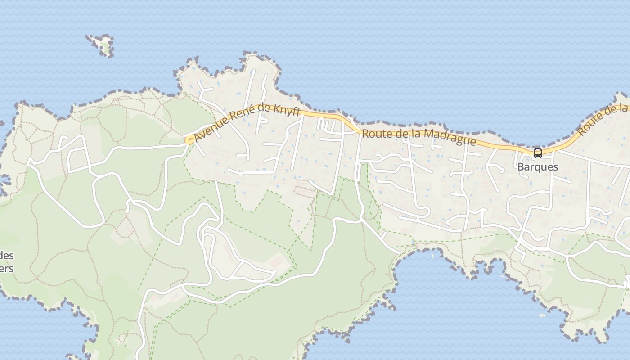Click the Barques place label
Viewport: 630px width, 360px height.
pos(537,167)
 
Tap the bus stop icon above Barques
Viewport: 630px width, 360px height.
pos(537,153)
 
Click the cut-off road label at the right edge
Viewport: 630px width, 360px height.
pos(603,120)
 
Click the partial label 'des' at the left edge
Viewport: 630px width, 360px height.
pos(7,256)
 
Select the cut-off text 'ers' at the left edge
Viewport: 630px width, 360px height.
pos(6,269)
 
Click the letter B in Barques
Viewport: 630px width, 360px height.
pos(520,167)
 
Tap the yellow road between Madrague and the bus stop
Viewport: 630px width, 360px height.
pos(499,147)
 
